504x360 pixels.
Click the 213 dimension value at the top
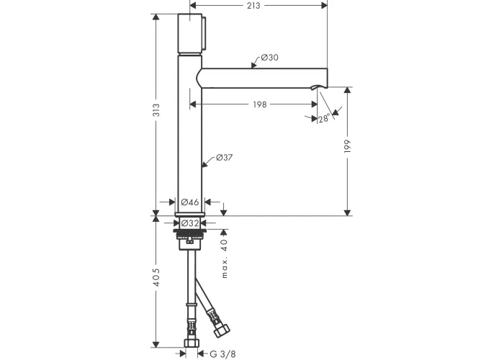[253, 6]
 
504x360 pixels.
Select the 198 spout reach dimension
[260, 104]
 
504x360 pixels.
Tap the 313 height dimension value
[156, 110]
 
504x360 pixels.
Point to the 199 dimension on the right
[347, 146]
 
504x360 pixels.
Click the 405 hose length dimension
[156, 277]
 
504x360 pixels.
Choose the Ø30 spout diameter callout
[270, 58]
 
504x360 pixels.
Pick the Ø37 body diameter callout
[225, 158]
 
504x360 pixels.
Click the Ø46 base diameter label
[190, 202]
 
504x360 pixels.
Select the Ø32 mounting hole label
[190, 222]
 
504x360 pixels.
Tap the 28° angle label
[324, 118]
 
